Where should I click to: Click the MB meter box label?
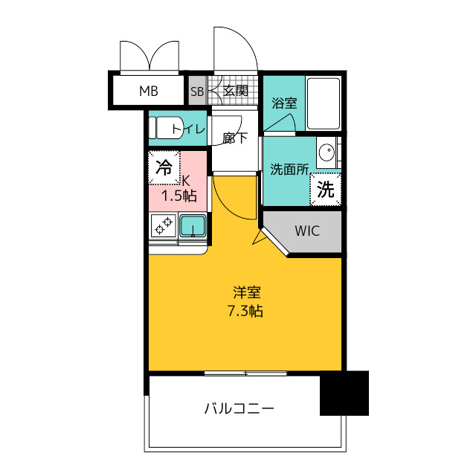point(149,91)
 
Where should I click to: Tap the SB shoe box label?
point(197,91)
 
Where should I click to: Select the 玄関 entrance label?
point(236,90)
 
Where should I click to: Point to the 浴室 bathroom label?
point(284,103)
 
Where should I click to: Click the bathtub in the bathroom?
point(324,103)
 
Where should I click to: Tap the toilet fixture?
point(167,128)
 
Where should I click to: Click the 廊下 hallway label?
point(235,138)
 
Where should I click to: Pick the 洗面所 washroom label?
point(289,170)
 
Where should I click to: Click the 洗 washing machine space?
point(326,189)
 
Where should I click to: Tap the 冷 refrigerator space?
point(164,167)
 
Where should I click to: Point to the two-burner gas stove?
point(164,226)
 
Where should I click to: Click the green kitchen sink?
point(193,225)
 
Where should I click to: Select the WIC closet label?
point(307,231)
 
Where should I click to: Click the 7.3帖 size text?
point(245,311)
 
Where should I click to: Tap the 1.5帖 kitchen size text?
point(178,196)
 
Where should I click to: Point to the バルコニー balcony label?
point(239,408)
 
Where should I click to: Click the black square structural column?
point(344,393)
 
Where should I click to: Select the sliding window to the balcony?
point(245,373)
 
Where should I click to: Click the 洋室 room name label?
point(247,292)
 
